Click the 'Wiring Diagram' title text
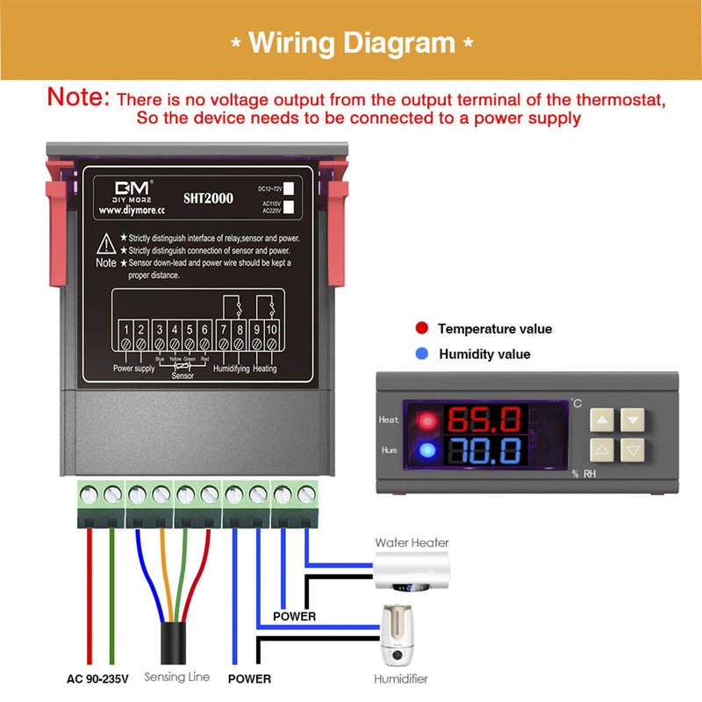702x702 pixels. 351,42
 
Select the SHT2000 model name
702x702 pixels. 209,198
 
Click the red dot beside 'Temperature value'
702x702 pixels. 422,328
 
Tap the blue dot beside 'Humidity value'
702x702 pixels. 422,354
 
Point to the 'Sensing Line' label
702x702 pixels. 176,677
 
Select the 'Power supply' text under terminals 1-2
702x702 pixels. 134,369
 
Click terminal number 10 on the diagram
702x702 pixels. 272,330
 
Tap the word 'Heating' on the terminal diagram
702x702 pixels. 264,369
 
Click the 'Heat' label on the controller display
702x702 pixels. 389,419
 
